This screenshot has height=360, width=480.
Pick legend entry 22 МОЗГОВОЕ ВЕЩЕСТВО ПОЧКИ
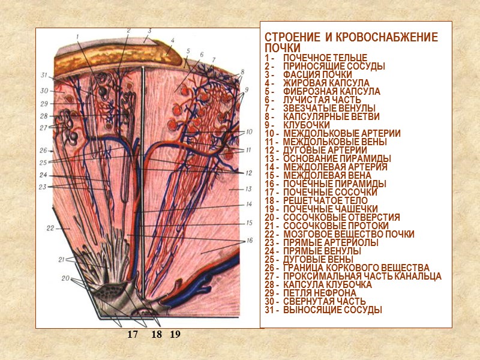(348, 234)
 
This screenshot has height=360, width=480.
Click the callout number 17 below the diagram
(132, 334)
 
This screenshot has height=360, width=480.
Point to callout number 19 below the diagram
(175, 334)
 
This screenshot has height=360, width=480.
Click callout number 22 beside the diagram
(50, 228)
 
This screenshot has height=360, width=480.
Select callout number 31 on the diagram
(43, 75)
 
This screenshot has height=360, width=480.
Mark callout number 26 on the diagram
(43, 150)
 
